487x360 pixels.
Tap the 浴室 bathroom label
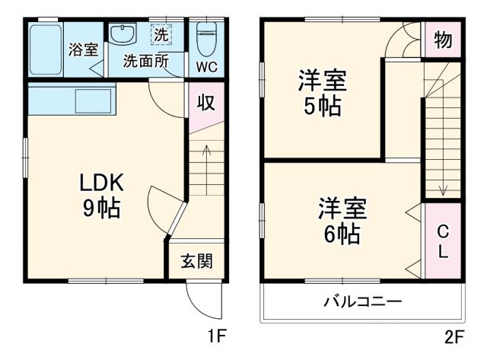[x=83, y=49]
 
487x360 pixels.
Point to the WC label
[x=207, y=66]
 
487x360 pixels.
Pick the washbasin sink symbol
[x=123, y=34]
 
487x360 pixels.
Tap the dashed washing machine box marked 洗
[x=162, y=33]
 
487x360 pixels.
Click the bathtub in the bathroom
[x=45, y=48]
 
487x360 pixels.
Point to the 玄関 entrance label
[x=196, y=262]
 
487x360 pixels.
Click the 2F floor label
[x=454, y=335]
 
